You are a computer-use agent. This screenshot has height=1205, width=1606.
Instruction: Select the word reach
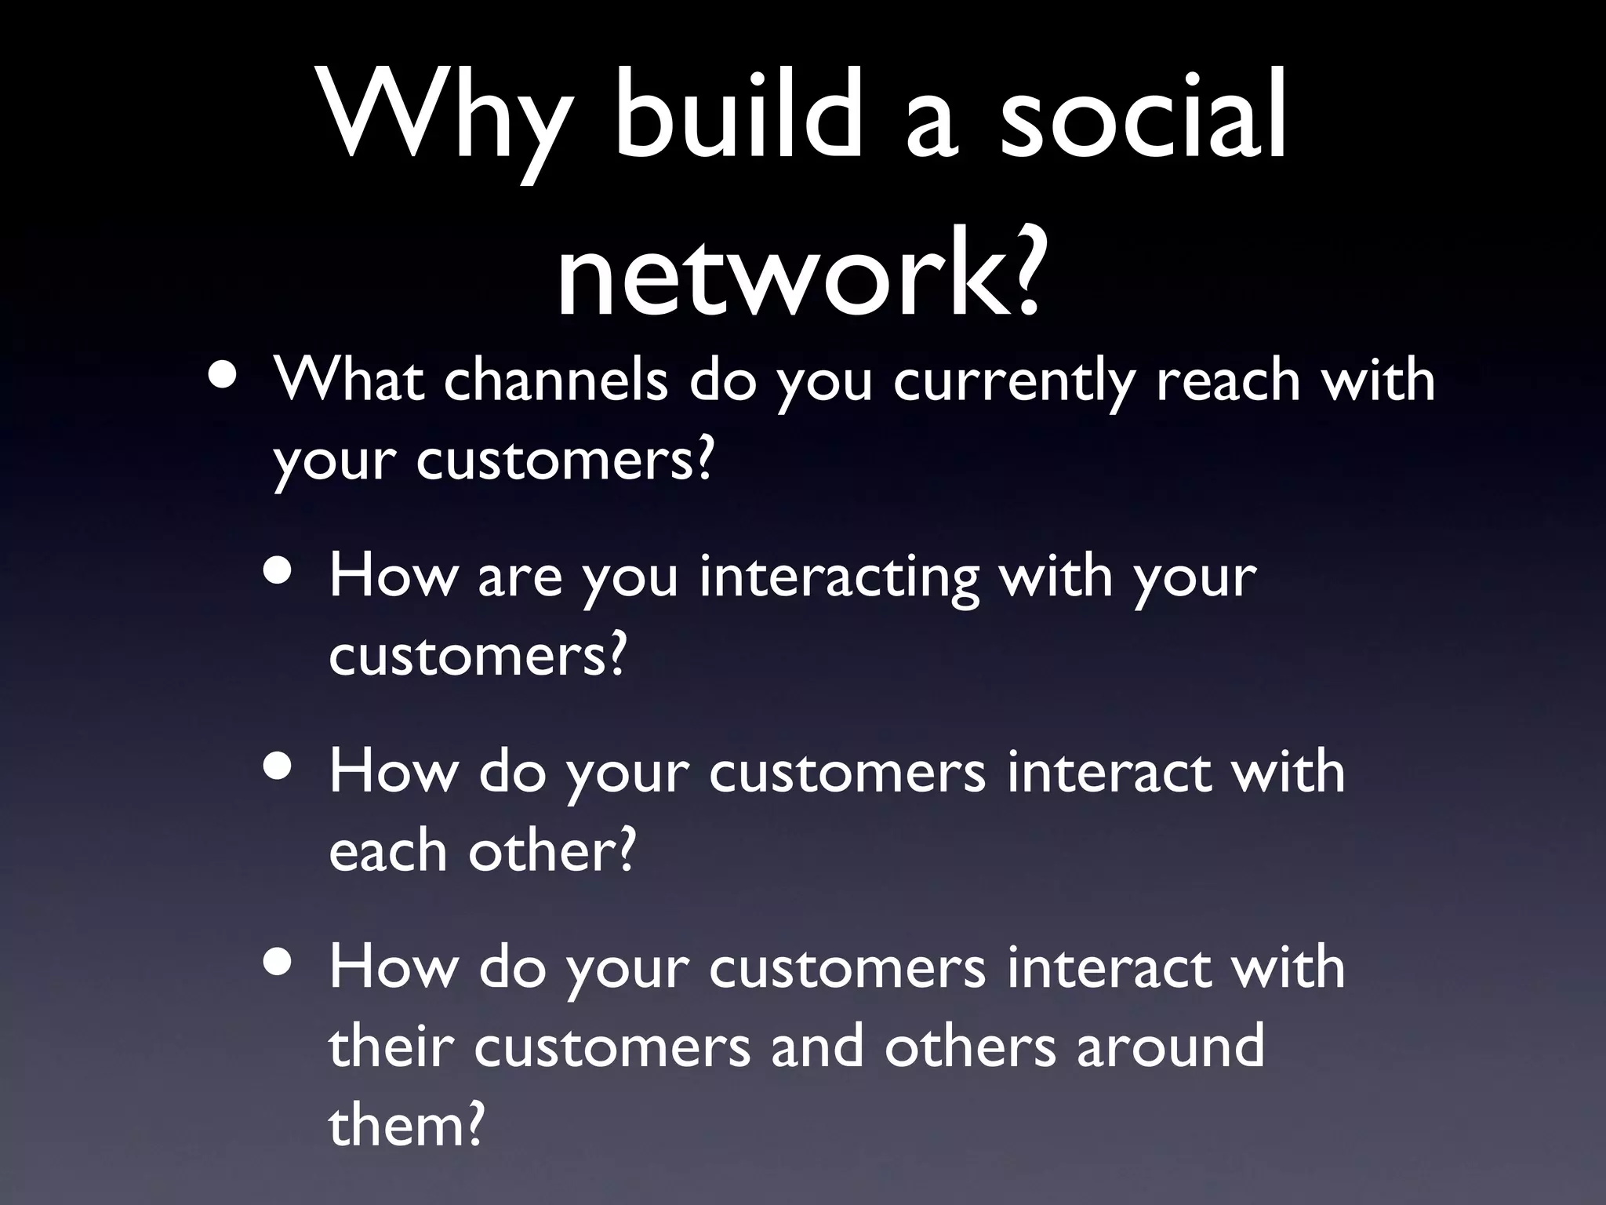coord(1228,380)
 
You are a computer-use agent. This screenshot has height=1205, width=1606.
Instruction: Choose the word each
coord(387,850)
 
